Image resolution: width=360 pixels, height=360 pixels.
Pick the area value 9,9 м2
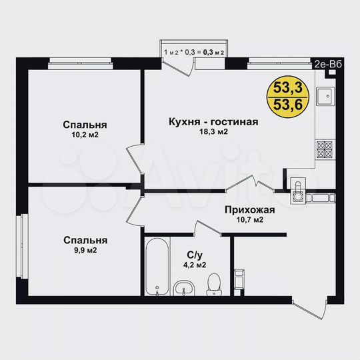pos(85,251)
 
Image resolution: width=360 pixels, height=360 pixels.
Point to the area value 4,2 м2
pos(195,265)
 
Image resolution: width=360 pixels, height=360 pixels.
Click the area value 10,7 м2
pos(250,220)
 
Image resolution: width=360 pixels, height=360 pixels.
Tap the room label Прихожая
pos(250,209)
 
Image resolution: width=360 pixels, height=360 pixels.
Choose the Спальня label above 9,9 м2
pos(85,240)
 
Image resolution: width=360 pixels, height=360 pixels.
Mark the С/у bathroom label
pos(195,254)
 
